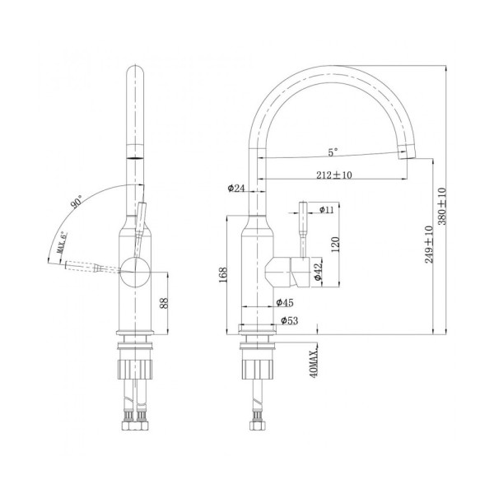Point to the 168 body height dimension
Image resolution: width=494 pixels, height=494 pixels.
pos(224,275)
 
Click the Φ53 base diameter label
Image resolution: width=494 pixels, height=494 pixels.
pos(288,319)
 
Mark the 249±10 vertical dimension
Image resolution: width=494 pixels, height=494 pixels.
pos(429,243)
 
